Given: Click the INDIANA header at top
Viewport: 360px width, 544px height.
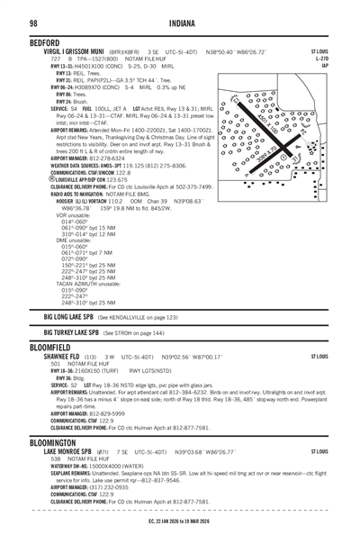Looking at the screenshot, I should click(181, 22).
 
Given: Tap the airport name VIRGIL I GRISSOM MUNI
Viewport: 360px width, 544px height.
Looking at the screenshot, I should click(63, 52).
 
